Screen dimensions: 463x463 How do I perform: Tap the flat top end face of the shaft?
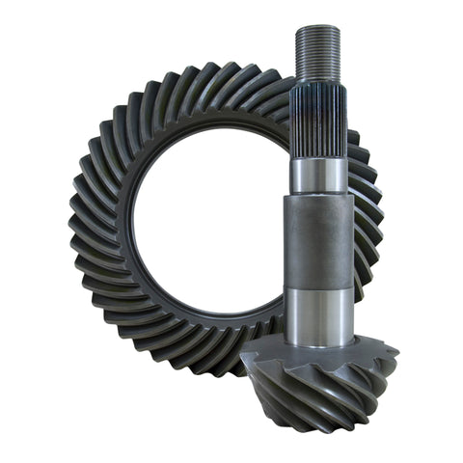pyautogui.click(x=317, y=28)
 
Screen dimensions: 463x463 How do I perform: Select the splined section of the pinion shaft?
pyautogui.click(x=317, y=121)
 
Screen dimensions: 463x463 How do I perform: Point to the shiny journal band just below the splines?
pyautogui.click(x=317, y=175)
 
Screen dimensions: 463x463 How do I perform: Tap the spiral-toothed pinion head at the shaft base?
pyautogui.click(x=318, y=386)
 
